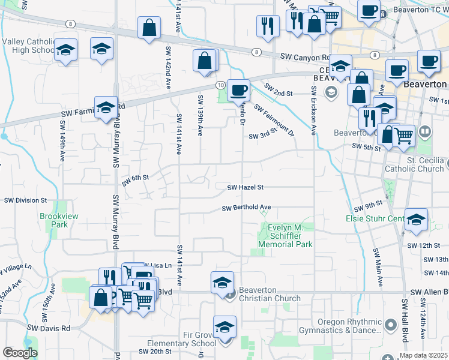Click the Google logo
tap(20, 352)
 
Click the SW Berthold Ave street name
tap(246, 208)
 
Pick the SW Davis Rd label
tap(49, 328)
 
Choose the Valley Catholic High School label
tap(29, 46)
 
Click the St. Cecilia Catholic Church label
tap(417, 165)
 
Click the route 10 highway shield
tap(221, 85)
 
